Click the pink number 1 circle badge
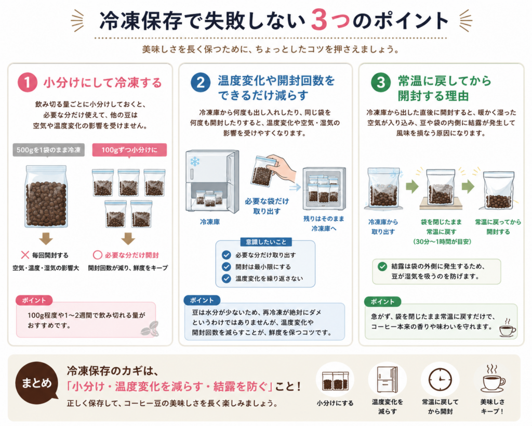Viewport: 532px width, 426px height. (x=27, y=83)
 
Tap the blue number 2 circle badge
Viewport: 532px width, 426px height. (x=201, y=83)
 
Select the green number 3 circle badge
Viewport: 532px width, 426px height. (x=381, y=83)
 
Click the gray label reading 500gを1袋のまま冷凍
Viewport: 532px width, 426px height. (x=48, y=150)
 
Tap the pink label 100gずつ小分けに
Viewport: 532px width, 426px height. (x=129, y=150)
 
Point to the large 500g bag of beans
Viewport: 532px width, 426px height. (x=46, y=196)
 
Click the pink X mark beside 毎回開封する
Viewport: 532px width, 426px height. (x=25, y=255)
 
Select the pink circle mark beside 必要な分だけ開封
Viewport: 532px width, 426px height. (x=97, y=255)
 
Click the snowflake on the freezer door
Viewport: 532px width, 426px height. (x=195, y=161)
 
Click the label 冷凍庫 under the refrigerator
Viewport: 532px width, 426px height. (x=210, y=222)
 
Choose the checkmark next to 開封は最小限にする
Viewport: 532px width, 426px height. (x=227, y=267)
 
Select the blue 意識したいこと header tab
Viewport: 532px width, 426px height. (x=266, y=242)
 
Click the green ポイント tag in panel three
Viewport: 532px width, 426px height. (x=382, y=301)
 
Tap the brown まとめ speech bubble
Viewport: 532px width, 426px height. (x=37, y=383)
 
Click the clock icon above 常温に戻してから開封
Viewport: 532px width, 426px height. (x=440, y=380)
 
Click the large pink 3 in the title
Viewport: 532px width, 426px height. (x=319, y=20)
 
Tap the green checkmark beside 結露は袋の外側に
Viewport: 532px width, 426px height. (x=382, y=266)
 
